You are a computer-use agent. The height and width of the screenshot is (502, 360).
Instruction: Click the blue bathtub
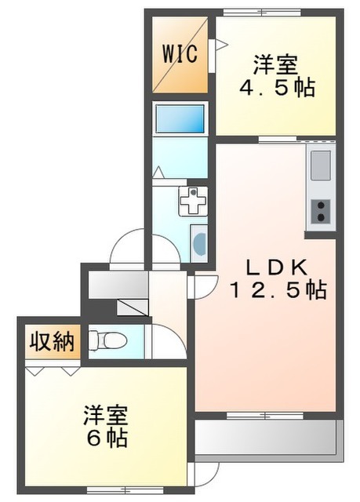pyautogui.click(x=180, y=119)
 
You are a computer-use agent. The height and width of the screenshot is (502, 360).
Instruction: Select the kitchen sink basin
pyautogui.click(x=322, y=166)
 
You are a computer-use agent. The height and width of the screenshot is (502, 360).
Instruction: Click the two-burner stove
pyautogui.click(x=322, y=210)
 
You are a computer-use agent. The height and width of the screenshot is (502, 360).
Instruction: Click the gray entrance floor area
pyautogui.click(x=114, y=284)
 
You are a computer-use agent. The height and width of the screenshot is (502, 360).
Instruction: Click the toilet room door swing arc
pyautogui.click(x=165, y=342)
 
